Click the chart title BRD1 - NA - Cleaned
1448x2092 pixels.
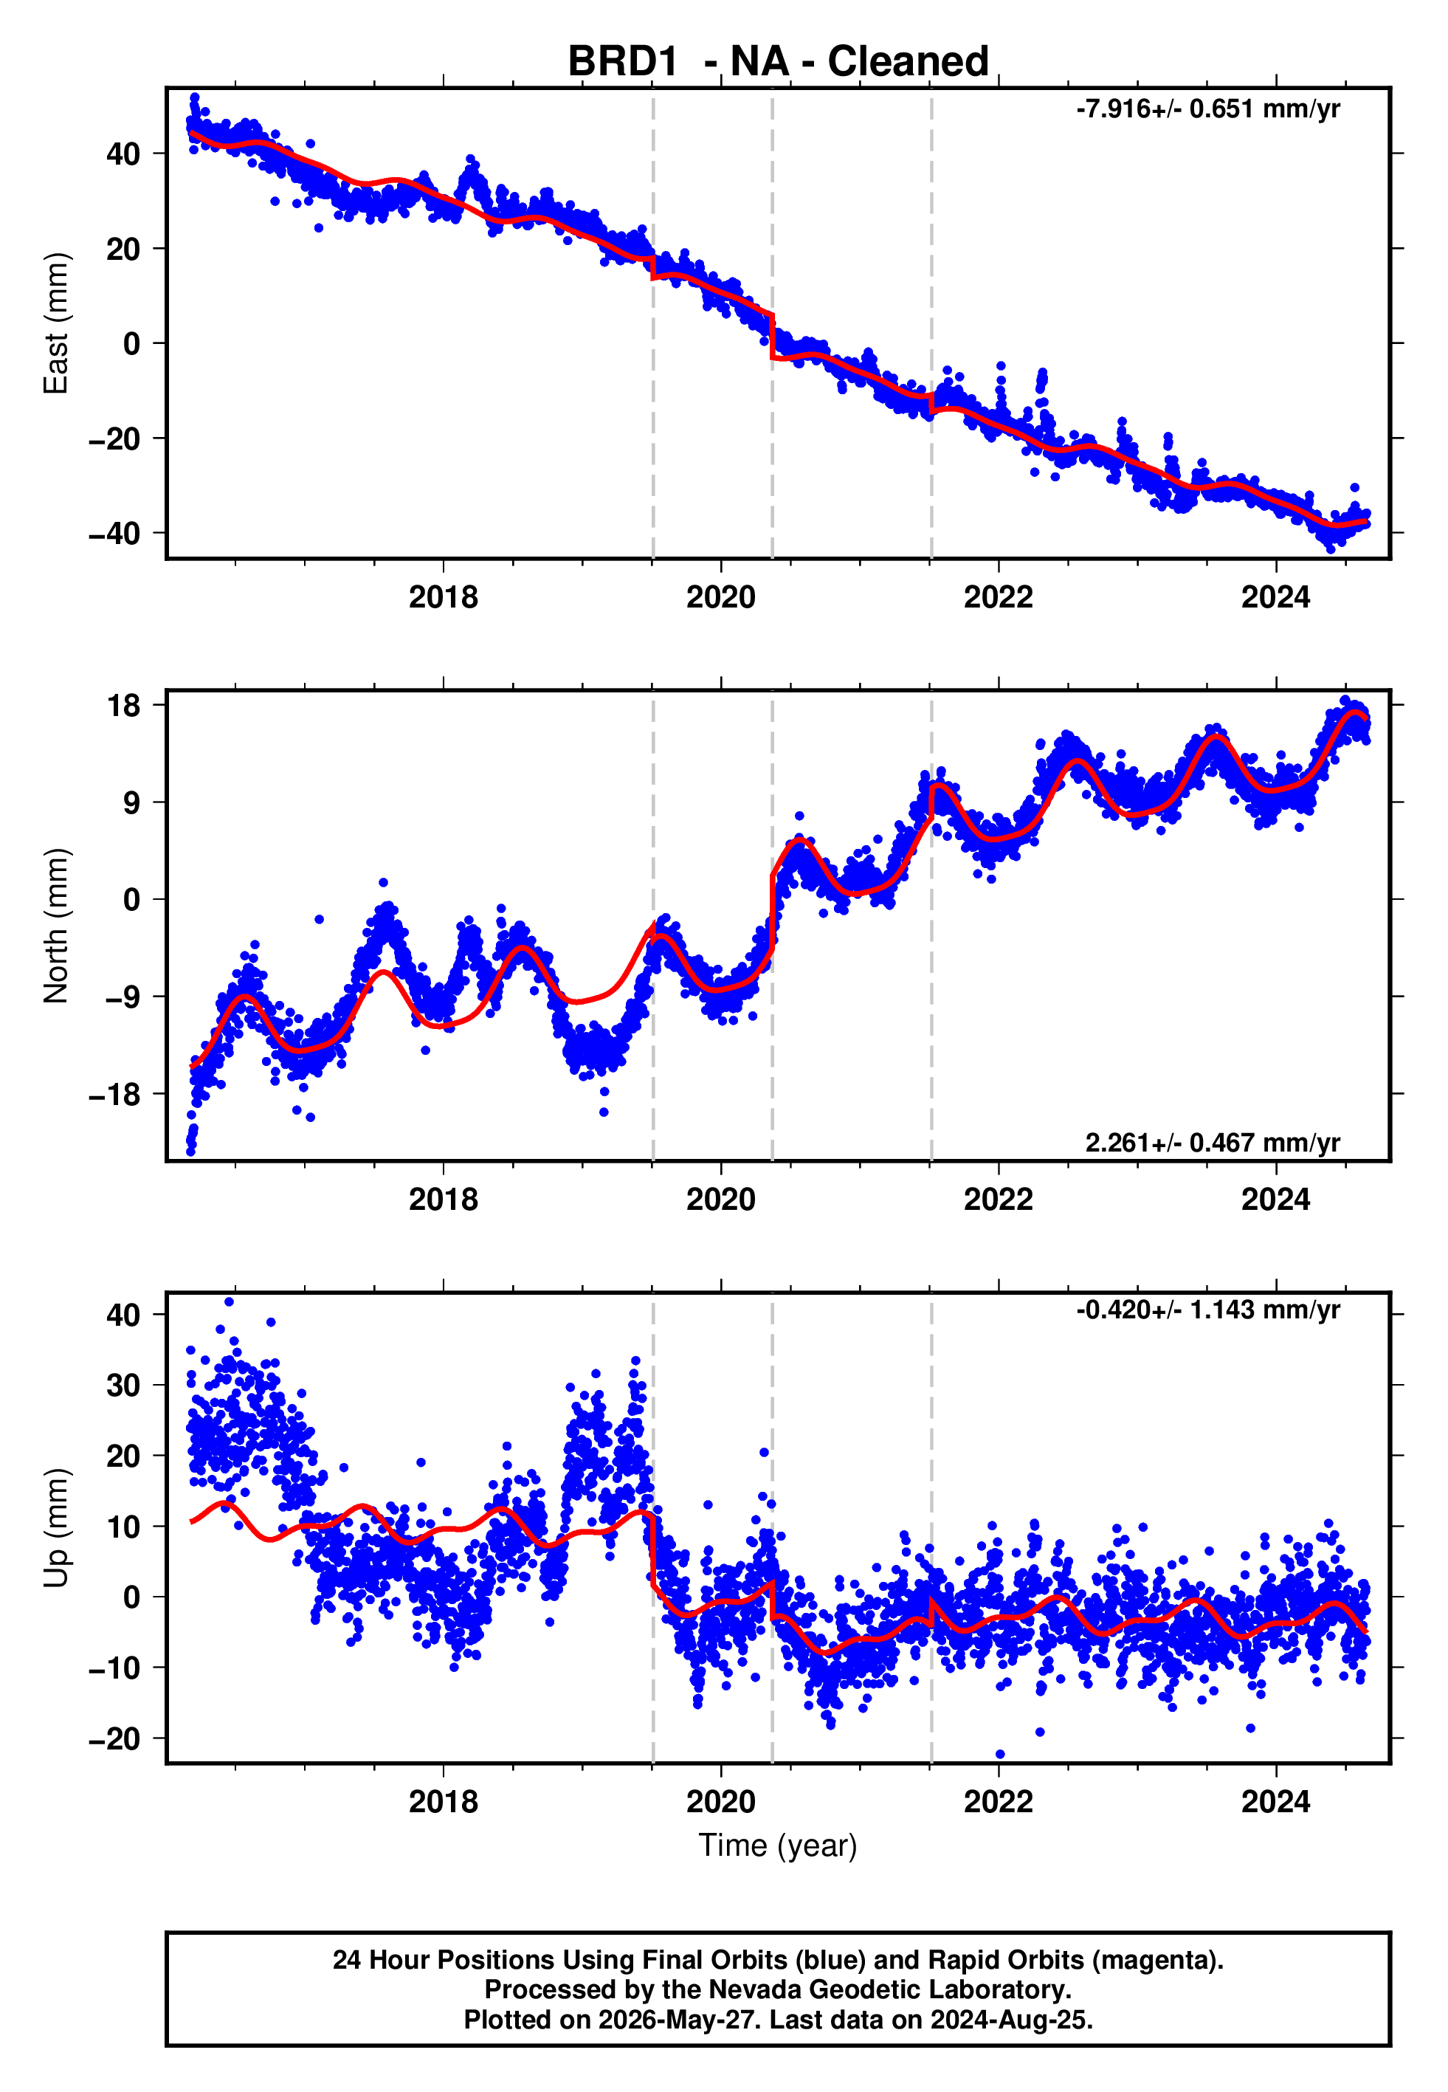778,62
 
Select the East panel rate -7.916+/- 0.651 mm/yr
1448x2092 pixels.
1207,110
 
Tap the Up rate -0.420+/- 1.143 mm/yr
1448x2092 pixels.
1207,1310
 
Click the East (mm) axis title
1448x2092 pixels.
56,323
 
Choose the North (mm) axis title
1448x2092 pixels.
56,926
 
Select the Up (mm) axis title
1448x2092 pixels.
56,1528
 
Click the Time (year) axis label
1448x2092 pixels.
778,1847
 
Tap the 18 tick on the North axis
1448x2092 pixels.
124,705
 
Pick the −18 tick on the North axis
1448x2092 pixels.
114,1095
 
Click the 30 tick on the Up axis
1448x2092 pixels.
123,1386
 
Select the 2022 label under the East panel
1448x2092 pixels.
998,597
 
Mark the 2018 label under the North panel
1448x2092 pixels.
443,1200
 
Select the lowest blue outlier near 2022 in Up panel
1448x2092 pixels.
1000,1755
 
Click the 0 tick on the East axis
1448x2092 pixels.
132,344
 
